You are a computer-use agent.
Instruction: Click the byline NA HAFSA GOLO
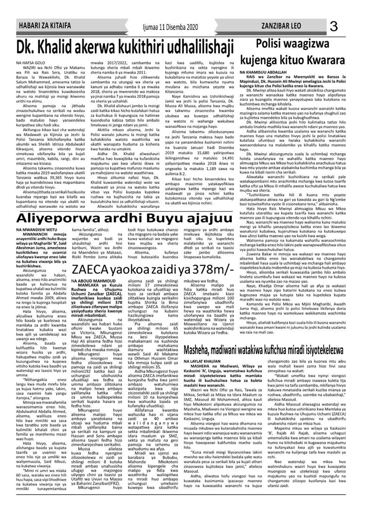(x=30, y=62)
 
